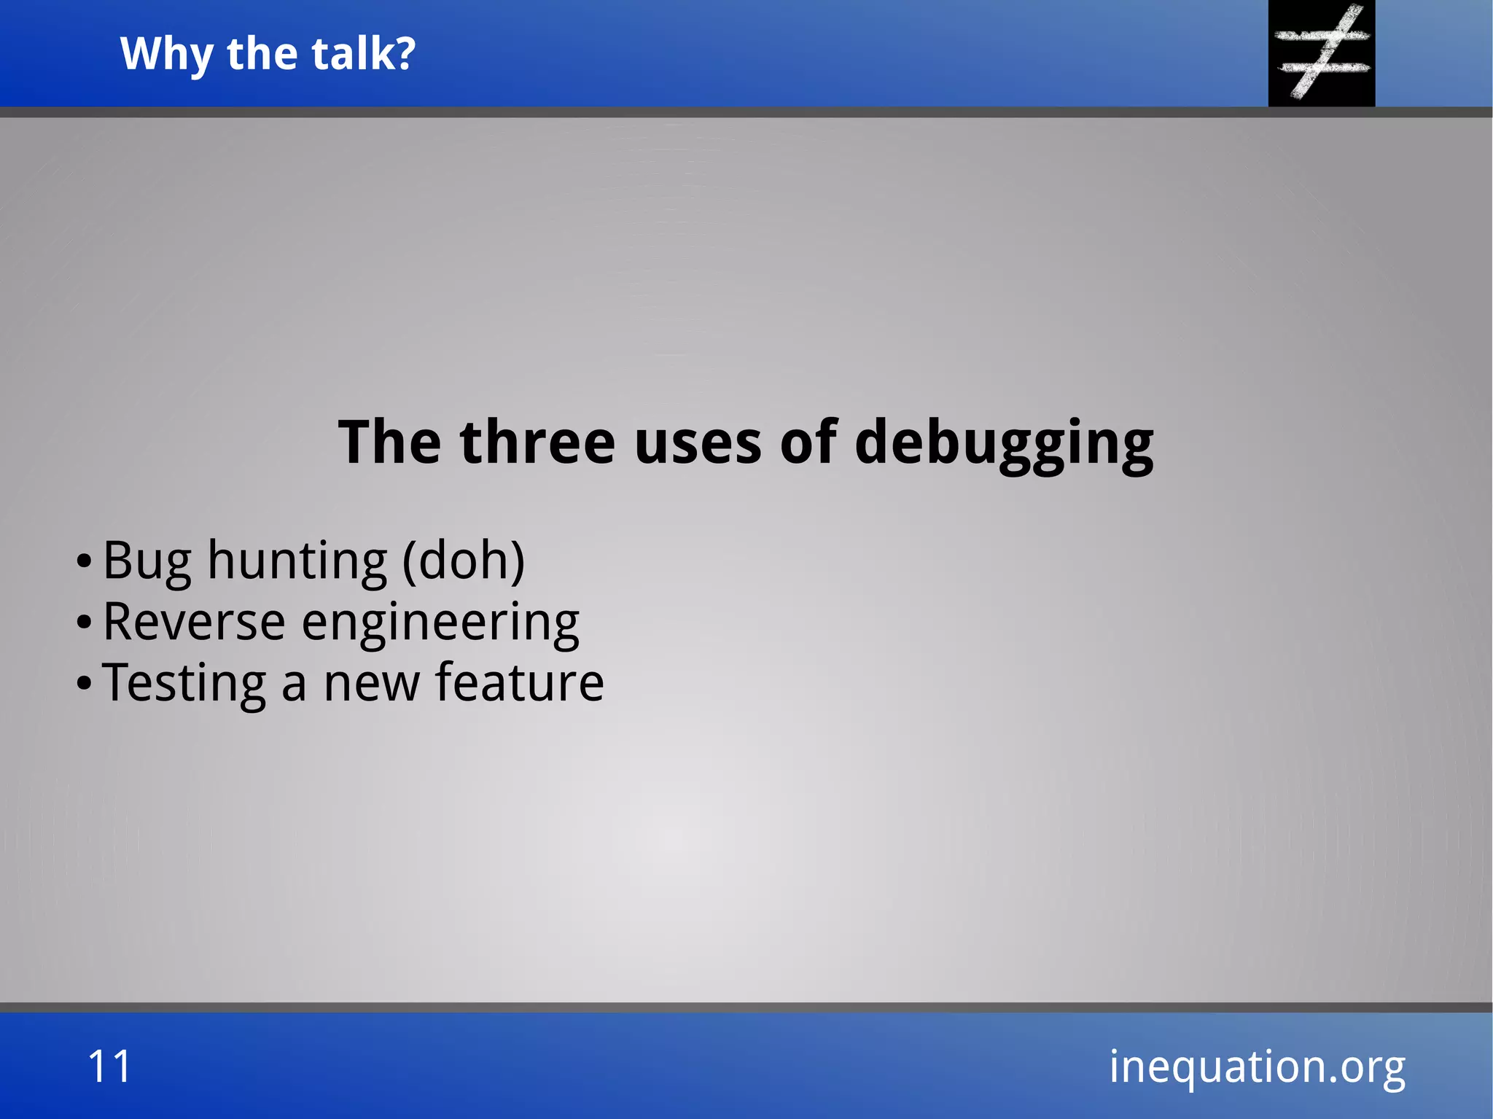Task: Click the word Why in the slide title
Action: click(167, 55)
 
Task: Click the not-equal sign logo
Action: click(1322, 52)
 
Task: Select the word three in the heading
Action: click(538, 442)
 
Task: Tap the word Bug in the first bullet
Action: click(147, 561)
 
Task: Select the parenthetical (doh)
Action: click(464, 561)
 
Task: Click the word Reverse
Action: click(194, 622)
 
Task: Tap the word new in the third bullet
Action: click(372, 684)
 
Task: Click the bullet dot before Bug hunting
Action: click(84, 563)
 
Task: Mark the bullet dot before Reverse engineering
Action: click(84, 623)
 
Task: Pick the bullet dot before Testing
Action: click(84, 685)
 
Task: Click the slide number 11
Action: click(109, 1067)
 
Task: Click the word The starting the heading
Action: click(390, 442)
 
